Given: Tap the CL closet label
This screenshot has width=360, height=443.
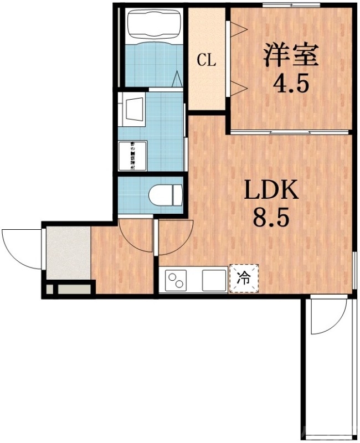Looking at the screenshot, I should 207,60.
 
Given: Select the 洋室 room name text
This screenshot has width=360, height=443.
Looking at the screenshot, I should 290,55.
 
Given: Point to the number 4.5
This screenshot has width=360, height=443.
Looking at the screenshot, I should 290,84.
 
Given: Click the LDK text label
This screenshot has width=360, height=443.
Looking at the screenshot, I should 272,191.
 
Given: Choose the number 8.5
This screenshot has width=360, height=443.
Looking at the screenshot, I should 272,218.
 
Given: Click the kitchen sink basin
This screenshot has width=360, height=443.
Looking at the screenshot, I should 214,280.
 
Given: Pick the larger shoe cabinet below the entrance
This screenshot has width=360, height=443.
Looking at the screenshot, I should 74,288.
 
